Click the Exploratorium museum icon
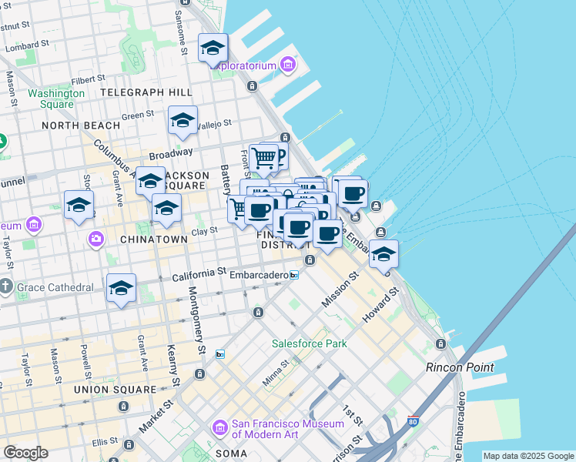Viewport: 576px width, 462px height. [289, 65]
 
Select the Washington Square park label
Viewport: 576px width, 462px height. [56, 99]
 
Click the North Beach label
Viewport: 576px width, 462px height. [81, 126]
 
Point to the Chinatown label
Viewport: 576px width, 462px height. [154, 239]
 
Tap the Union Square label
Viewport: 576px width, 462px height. [115, 390]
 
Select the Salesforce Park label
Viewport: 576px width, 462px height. [309, 343]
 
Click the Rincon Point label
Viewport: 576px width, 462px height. [460, 367]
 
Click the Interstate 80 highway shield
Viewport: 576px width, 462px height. [414, 422]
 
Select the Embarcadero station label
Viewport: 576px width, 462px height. [258, 275]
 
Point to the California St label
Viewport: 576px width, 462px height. [199, 273]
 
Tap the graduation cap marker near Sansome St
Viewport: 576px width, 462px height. [213, 49]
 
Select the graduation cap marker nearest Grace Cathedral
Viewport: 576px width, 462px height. [121, 288]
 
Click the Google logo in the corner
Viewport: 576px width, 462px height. [26, 453]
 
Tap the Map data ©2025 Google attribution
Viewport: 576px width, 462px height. [529, 456]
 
